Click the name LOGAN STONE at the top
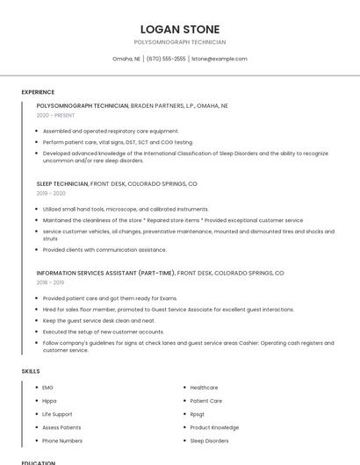point(179,30)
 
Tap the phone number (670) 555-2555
point(165,59)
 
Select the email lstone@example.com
point(219,59)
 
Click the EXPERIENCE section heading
point(38,92)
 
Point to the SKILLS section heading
point(30,371)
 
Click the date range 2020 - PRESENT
point(55,115)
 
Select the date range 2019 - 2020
point(51,193)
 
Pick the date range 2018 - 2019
point(50,283)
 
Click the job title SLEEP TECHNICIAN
point(62,184)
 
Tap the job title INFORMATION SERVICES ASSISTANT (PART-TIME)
point(105,273)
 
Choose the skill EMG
point(48,387)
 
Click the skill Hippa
point(49,400)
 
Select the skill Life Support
point(57,413)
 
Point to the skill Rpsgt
point(198,413)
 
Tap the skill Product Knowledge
point(214,427)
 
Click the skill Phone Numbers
point(62,440)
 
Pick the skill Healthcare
point(204,387)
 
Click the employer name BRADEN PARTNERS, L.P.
point(166,105)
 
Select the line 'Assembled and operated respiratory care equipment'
point(111,131)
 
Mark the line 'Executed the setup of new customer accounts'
point(104,332)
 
